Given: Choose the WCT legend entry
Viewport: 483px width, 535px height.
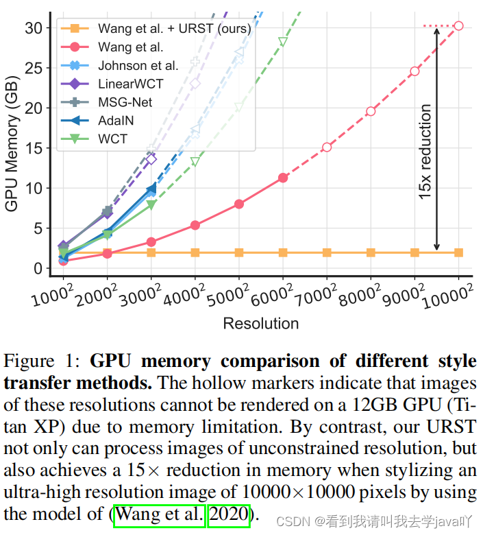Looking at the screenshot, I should [113, 139].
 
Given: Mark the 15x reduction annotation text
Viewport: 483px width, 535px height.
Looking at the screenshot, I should [425, 152].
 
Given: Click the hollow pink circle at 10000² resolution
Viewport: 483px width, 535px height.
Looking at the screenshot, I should [458, 26].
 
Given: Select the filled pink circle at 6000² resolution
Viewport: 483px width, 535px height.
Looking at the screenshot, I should [283, 178].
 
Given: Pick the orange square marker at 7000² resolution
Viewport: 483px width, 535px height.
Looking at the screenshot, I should [327, 253].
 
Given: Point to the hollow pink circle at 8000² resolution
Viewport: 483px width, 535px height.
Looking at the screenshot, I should [371, 111].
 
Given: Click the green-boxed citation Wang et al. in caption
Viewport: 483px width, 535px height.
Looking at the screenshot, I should [160, 514].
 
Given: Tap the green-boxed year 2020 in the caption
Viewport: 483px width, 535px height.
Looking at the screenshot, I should [230, 514].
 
